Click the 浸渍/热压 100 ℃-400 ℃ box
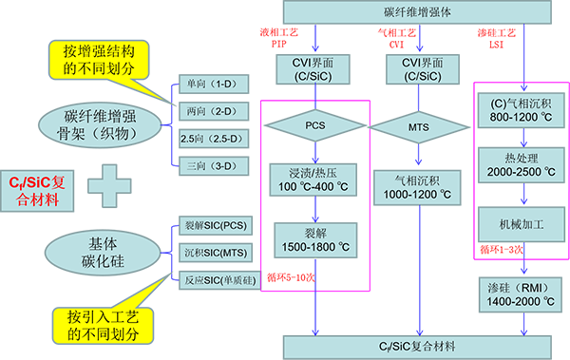point(310,180)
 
